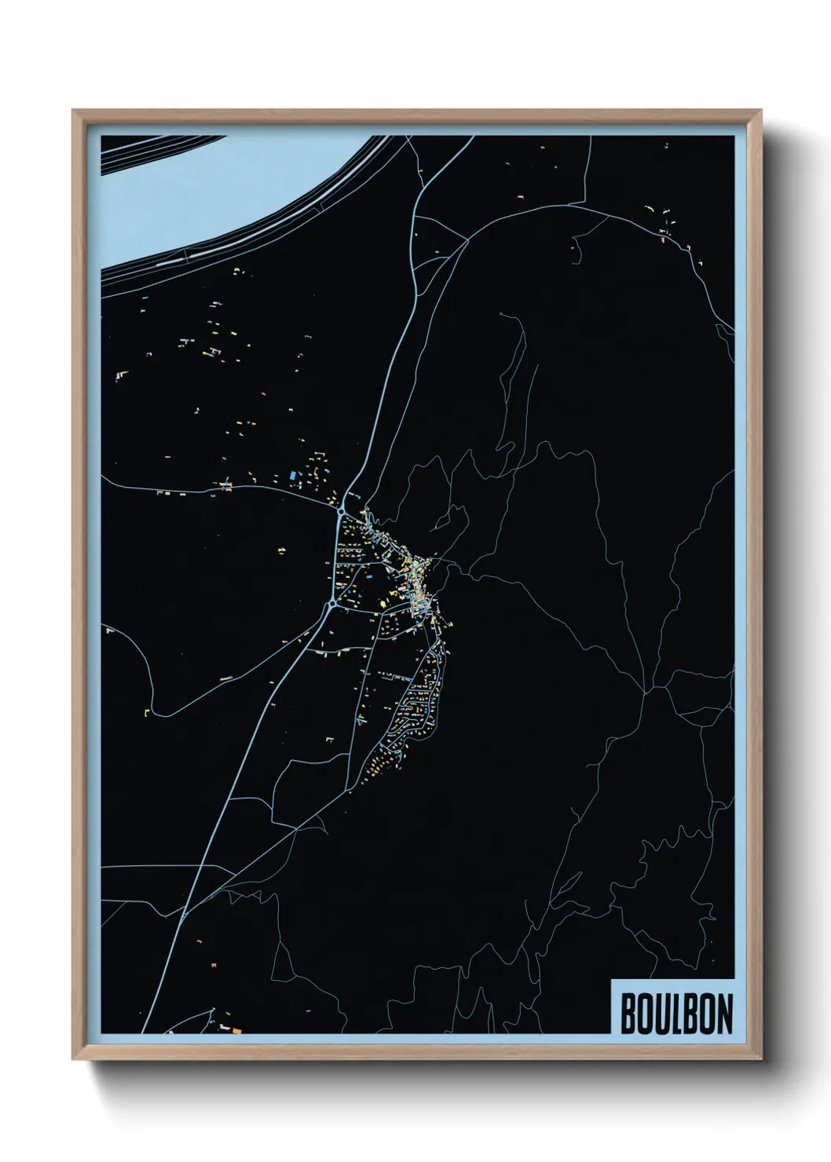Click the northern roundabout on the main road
pos(341,512)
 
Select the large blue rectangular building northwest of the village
pos(293,475)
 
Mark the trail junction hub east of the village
pos(646,691)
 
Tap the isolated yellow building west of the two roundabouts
pos(281,550)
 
